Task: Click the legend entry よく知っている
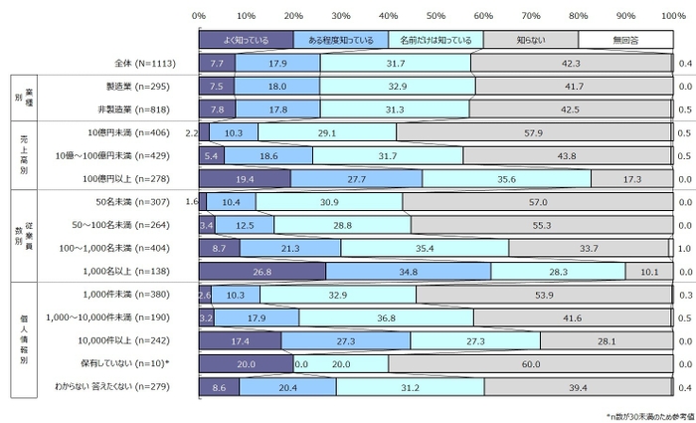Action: (247, 40)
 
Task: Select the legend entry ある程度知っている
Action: (341, 40)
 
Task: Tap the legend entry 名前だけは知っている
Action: (435, 40)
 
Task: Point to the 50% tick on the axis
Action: (435, 16)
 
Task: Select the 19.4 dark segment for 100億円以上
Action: (245, 179)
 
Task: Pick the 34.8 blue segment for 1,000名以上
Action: (409, 271)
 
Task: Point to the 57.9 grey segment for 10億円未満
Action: (535, 132)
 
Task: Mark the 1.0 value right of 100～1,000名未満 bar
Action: (684, 248)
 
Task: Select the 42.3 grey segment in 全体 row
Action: (572, 63)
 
